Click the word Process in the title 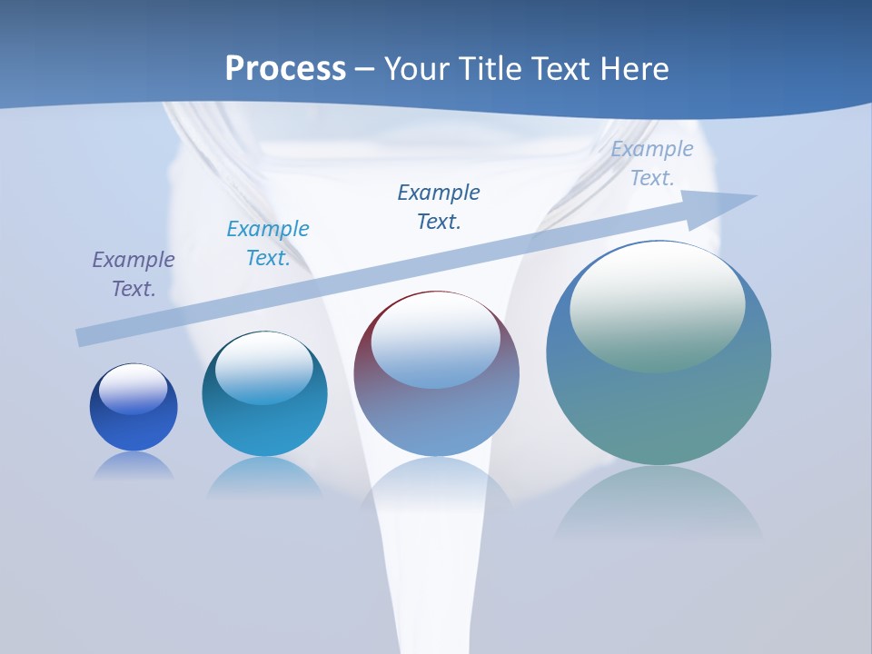pos(285,69)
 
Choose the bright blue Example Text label pos(268,243)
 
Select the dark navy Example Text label pos(439,207)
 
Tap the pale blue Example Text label pos(652,163)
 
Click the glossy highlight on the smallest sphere pos(134,389)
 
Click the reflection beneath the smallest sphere pos(134,466)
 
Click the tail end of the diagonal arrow pos(84,337)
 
